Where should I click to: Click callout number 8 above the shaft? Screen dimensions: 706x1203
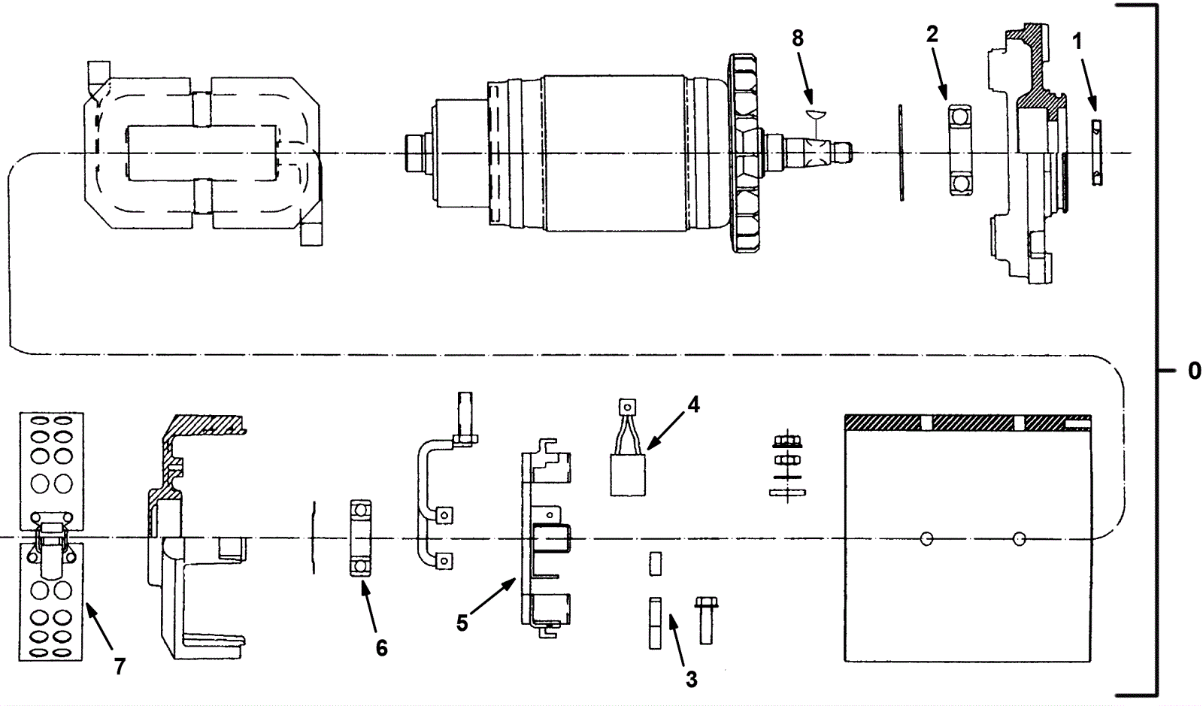click(798, 38)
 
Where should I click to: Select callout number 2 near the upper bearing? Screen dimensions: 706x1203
click(932, 34)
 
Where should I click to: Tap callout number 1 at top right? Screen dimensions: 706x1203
click(1077, 41)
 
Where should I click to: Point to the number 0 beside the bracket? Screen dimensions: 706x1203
click(1194, 371)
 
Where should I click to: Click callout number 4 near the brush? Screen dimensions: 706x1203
click(693, 405)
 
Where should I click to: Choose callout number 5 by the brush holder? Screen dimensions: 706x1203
click(462, 623)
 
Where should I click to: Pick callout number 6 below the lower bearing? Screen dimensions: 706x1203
click(381, 647)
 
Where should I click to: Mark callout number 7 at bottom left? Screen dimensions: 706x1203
click(120, 666)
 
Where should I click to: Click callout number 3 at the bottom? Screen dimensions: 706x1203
click(691, 680)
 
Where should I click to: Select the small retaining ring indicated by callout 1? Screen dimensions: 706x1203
click(1097, 153)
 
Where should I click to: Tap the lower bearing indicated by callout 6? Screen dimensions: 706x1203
click(360, 538)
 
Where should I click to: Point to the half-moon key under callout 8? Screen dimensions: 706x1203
click(815, 114)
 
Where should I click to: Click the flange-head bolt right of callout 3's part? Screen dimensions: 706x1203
click(705, 621)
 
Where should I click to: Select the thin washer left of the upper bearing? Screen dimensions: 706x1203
click(900, 153)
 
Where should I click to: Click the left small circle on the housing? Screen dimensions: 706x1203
click(926, 538)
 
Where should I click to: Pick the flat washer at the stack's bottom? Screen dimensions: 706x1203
click(786, 492)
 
